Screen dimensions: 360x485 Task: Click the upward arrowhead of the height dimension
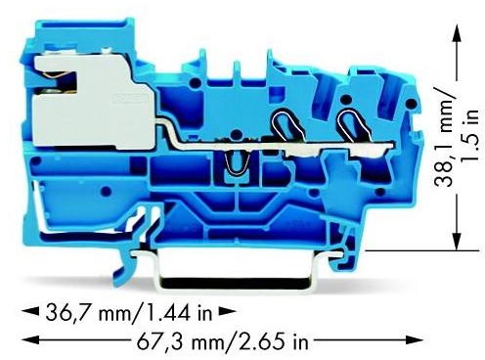pos(455,32)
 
